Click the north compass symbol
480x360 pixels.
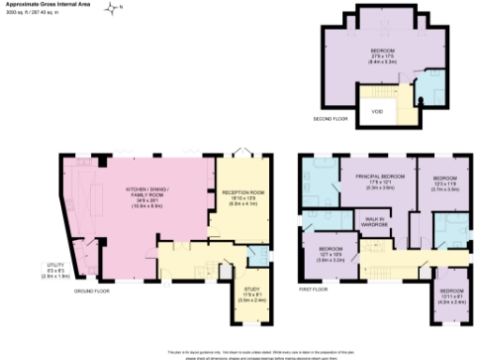112,9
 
